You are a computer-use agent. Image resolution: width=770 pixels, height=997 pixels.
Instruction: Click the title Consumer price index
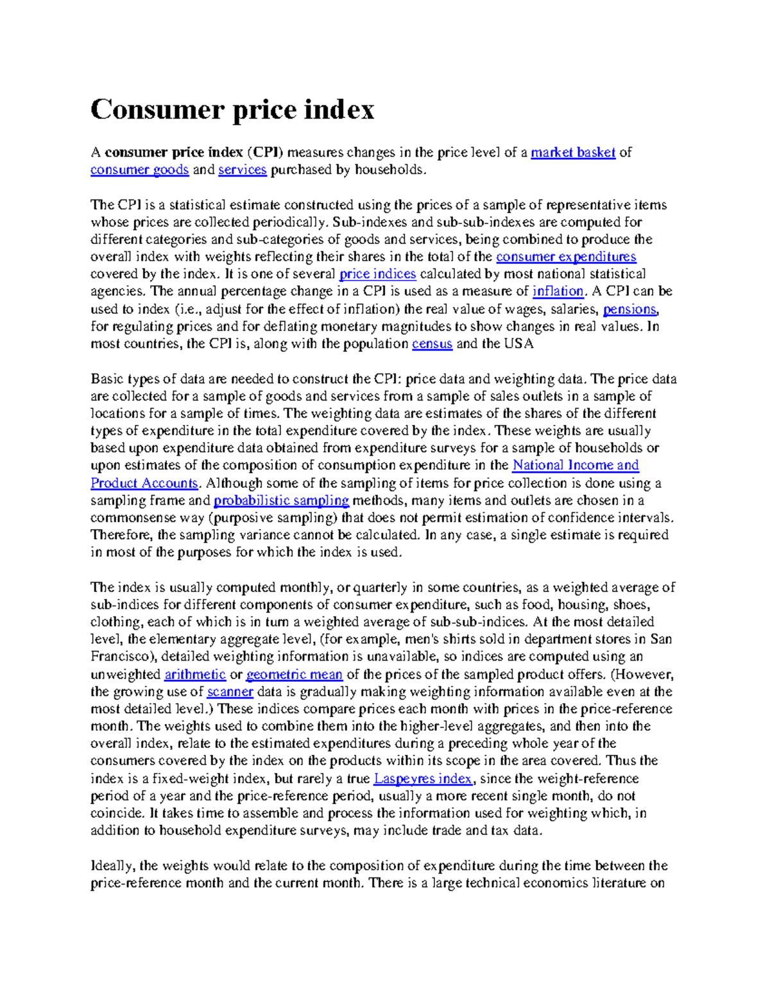click(232, 110)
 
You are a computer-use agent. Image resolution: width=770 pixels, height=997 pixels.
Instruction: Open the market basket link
click(573, 153)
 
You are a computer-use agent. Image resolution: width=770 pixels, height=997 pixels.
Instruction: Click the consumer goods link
click(139, 170)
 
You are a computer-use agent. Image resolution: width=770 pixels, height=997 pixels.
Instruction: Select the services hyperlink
click(242, 170)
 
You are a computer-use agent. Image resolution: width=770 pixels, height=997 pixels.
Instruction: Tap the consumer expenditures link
click(566, 257)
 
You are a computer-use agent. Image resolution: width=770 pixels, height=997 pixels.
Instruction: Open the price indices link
click(377, 274)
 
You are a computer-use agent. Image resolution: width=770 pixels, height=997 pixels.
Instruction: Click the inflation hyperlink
click(558, 291)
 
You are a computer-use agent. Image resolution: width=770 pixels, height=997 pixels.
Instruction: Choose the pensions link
click(629, 309)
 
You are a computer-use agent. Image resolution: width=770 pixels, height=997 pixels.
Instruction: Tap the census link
click(432, 344)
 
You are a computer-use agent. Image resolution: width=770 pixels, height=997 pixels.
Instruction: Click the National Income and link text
click(575, 465)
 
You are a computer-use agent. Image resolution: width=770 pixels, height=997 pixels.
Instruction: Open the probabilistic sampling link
click(281, 501)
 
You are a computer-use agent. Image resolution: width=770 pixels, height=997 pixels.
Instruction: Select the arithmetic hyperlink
click(195, 675)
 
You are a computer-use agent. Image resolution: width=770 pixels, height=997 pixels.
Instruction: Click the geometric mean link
click(294, 675)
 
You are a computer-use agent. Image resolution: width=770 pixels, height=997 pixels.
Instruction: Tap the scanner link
click(230, 692)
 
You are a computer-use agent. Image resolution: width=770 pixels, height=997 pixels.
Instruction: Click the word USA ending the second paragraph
click(518, 344)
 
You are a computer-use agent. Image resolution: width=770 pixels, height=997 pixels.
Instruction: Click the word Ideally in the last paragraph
click(114, 866)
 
